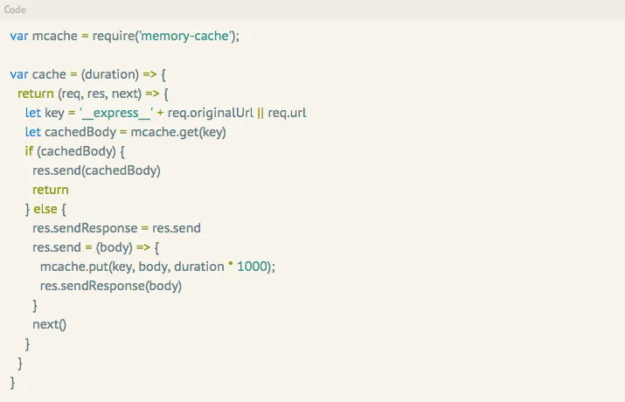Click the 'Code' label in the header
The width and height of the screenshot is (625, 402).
click(x=15, y=10)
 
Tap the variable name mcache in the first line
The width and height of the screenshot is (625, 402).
click(x=55, y=36)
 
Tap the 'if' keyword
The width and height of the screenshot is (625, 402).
click(x=29, y=151)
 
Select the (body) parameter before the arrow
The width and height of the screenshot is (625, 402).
click(x=115, y=247)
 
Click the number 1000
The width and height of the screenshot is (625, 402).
click(x=253, y=267)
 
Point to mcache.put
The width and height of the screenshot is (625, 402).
click(x=68, y=267)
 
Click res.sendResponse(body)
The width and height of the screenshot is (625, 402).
click(x=111, y=286)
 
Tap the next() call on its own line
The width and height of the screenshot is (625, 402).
click(x=49, y=324)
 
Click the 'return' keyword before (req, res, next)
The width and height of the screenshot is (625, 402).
click(x=36, y=94)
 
